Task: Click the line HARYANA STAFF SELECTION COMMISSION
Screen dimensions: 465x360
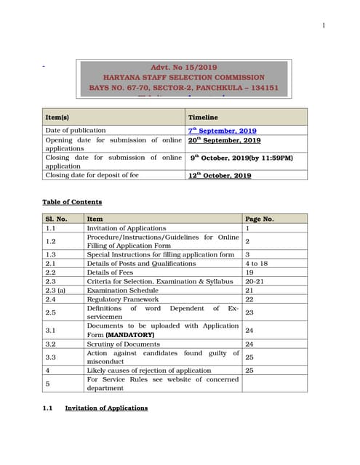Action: pyautogui.click(x=183, y=77)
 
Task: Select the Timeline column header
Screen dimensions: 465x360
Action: pyautogui.click(x=203, y=117)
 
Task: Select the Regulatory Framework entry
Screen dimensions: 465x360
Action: pyautogui.click(x=121, y=299)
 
